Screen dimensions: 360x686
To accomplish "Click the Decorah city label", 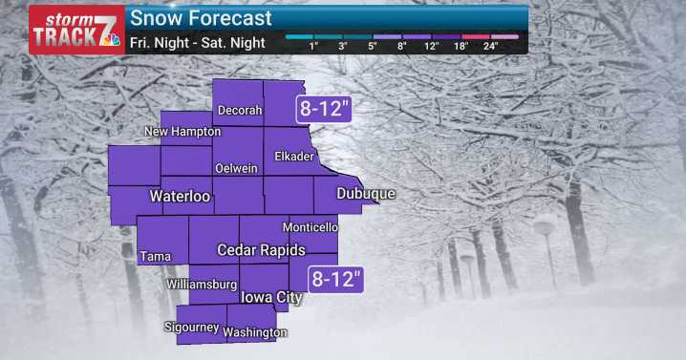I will pos(240,110).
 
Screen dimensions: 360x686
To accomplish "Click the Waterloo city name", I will pos(180,197).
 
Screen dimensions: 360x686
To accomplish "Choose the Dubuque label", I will pos(366,194).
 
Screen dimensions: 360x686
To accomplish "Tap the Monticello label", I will pos(313,227).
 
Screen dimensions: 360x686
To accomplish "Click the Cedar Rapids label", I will pos(261,250).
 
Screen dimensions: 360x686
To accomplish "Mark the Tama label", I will pos(155,256).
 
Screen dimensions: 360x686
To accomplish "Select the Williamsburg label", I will pos(201,285).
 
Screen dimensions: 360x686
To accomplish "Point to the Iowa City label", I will pos(270,298).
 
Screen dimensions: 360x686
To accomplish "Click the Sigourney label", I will pos(189,328).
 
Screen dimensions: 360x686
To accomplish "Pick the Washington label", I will pos(255,332).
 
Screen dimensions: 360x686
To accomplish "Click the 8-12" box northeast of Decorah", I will pos(326,108).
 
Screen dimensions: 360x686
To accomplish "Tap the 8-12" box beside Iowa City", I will pos(338,280).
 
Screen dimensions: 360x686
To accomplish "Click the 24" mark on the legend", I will pos(491,46).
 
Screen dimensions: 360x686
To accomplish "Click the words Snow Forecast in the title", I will pos(201,18).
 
